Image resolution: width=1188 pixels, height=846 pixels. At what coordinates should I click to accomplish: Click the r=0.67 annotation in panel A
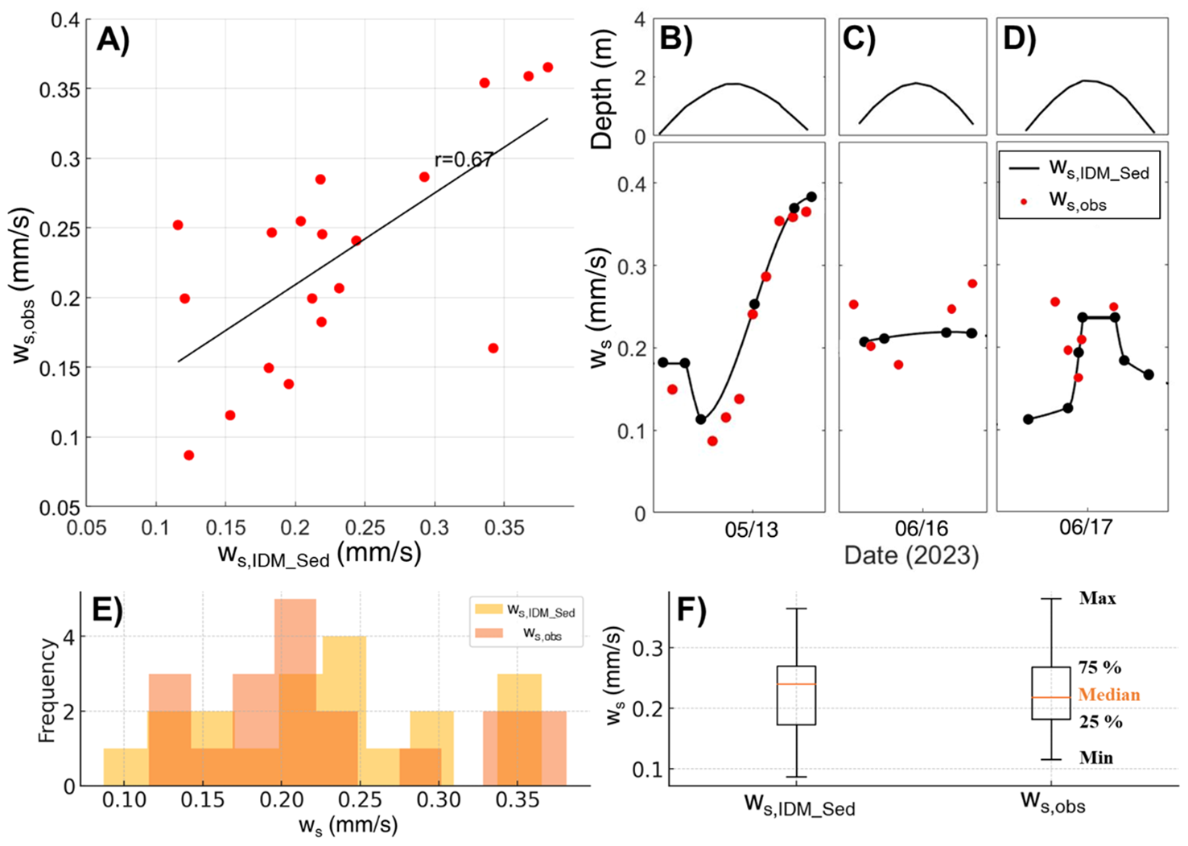point(463,159)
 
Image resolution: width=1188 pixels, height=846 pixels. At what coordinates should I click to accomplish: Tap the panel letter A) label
point(113,39)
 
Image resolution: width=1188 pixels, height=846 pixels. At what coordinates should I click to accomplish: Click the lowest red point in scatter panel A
point(189,456)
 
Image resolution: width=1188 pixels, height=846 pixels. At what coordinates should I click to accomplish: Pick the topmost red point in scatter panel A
point(548,68)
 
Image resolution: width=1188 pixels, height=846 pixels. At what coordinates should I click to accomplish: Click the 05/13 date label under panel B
point(752,530)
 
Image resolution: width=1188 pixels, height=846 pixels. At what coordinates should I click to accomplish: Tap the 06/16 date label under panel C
point(921,530)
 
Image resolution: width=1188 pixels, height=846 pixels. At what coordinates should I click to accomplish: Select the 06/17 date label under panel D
point(1083,530)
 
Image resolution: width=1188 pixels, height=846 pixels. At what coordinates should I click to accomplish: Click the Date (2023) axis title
point(911,555)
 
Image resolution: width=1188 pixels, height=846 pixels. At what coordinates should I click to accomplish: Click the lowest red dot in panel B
point(712,441)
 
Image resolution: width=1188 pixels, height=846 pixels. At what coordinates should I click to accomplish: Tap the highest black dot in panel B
point(811,197)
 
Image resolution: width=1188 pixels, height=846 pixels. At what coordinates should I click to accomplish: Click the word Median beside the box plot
point(1109,695)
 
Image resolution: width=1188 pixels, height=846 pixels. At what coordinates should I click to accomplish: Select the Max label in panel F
point(1098,598)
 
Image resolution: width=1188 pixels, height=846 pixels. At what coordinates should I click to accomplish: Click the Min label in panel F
point(1096,757)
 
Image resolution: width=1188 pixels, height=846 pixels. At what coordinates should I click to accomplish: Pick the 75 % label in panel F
point(1100,667)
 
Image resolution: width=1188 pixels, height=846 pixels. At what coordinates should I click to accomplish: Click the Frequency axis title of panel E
point(47,691)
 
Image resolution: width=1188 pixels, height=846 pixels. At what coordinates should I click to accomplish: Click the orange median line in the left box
point(796,684)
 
